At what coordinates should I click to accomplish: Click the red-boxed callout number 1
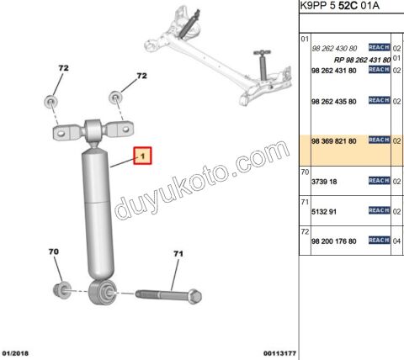coord(142,156)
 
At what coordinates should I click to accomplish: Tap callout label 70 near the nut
coord(54,251)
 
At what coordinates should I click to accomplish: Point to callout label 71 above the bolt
coord(178,254)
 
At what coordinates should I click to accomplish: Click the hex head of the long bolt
coord(194,296)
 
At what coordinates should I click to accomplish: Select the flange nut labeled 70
coord(62,290)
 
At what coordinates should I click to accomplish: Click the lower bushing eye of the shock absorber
coord(102,292)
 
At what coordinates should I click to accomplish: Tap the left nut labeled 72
coord(51,101)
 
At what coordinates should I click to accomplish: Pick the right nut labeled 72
coord(115,98)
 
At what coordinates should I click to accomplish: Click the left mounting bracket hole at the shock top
coord(61,133)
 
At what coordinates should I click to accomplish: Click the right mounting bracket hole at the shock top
coord(126,130)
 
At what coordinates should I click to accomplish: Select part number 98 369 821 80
coord(334,141)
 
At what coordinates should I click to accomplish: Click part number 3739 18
coord(324,182)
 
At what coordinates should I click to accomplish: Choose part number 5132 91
coord(324,212)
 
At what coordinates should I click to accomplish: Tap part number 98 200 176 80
coord(334,241)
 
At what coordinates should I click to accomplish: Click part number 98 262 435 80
coord(334,102)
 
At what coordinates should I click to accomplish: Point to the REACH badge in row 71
coord(380,210)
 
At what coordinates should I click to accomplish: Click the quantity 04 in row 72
coord(396,241)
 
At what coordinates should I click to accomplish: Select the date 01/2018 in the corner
coord(15,353)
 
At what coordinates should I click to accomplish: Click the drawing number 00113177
coord(279,353)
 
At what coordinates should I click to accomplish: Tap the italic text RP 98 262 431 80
coord(362,60)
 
